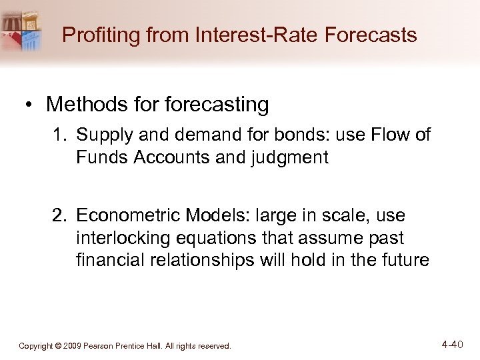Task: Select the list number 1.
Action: tap(60, 135)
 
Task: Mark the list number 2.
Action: tap(60, 217)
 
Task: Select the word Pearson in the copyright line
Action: tap(111, 346)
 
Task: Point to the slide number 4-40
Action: tap(452, 344)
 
